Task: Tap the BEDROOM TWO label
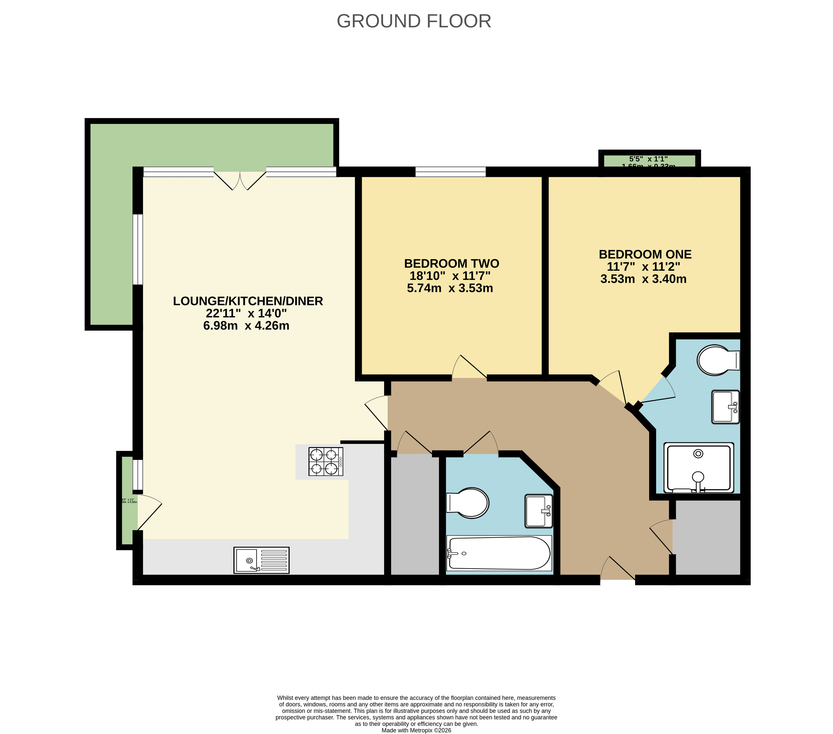click(452, 263)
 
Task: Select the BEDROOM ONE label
click(645, 255)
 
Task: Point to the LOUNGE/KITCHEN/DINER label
click(248, 301)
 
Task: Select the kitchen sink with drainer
click(261, 560)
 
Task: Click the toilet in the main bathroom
click(469, 503)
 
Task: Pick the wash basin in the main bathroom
click(538, 511)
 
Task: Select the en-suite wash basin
click(725, 407)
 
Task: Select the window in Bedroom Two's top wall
click(450, 172)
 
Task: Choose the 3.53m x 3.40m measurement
click(643, 279)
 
